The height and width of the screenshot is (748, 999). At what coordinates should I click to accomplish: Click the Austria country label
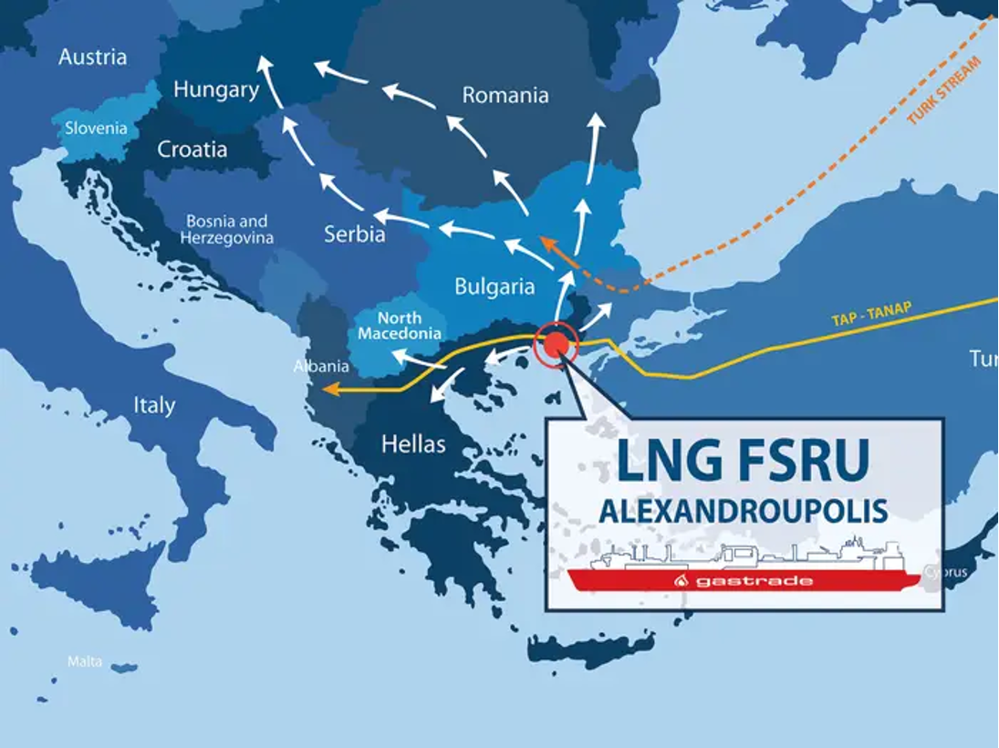tap(92, 57)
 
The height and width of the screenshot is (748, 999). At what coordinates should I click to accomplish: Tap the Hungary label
tap(216, 89)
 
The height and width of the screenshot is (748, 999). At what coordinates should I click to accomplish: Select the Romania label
tap(505, 95)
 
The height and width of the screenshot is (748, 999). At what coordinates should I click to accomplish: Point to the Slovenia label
tap(96, 129)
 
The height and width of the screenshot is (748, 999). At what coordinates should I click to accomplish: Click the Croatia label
tap(193, 150)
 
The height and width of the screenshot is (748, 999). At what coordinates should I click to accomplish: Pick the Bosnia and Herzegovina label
tap(227, 230)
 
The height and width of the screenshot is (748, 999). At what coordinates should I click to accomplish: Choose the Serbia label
tap(354, 234)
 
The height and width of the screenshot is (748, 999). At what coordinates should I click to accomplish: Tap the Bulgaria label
tap(494, 287)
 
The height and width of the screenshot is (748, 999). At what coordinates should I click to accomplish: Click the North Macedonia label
tap(400, 326)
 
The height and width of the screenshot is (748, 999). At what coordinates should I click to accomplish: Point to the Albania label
tap(321, 367)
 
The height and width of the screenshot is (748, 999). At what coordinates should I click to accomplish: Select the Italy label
tap(154, 405)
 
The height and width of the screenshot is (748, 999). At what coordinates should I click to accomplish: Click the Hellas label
tap(413, 444)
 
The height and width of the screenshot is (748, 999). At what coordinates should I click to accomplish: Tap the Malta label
tap(85, 660)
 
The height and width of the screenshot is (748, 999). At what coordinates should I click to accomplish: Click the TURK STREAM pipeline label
tap(945, 90)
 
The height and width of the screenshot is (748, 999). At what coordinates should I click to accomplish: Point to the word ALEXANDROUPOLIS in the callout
tap(743, 511)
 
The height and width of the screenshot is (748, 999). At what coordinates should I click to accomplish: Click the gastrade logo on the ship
tap(743, 580)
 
